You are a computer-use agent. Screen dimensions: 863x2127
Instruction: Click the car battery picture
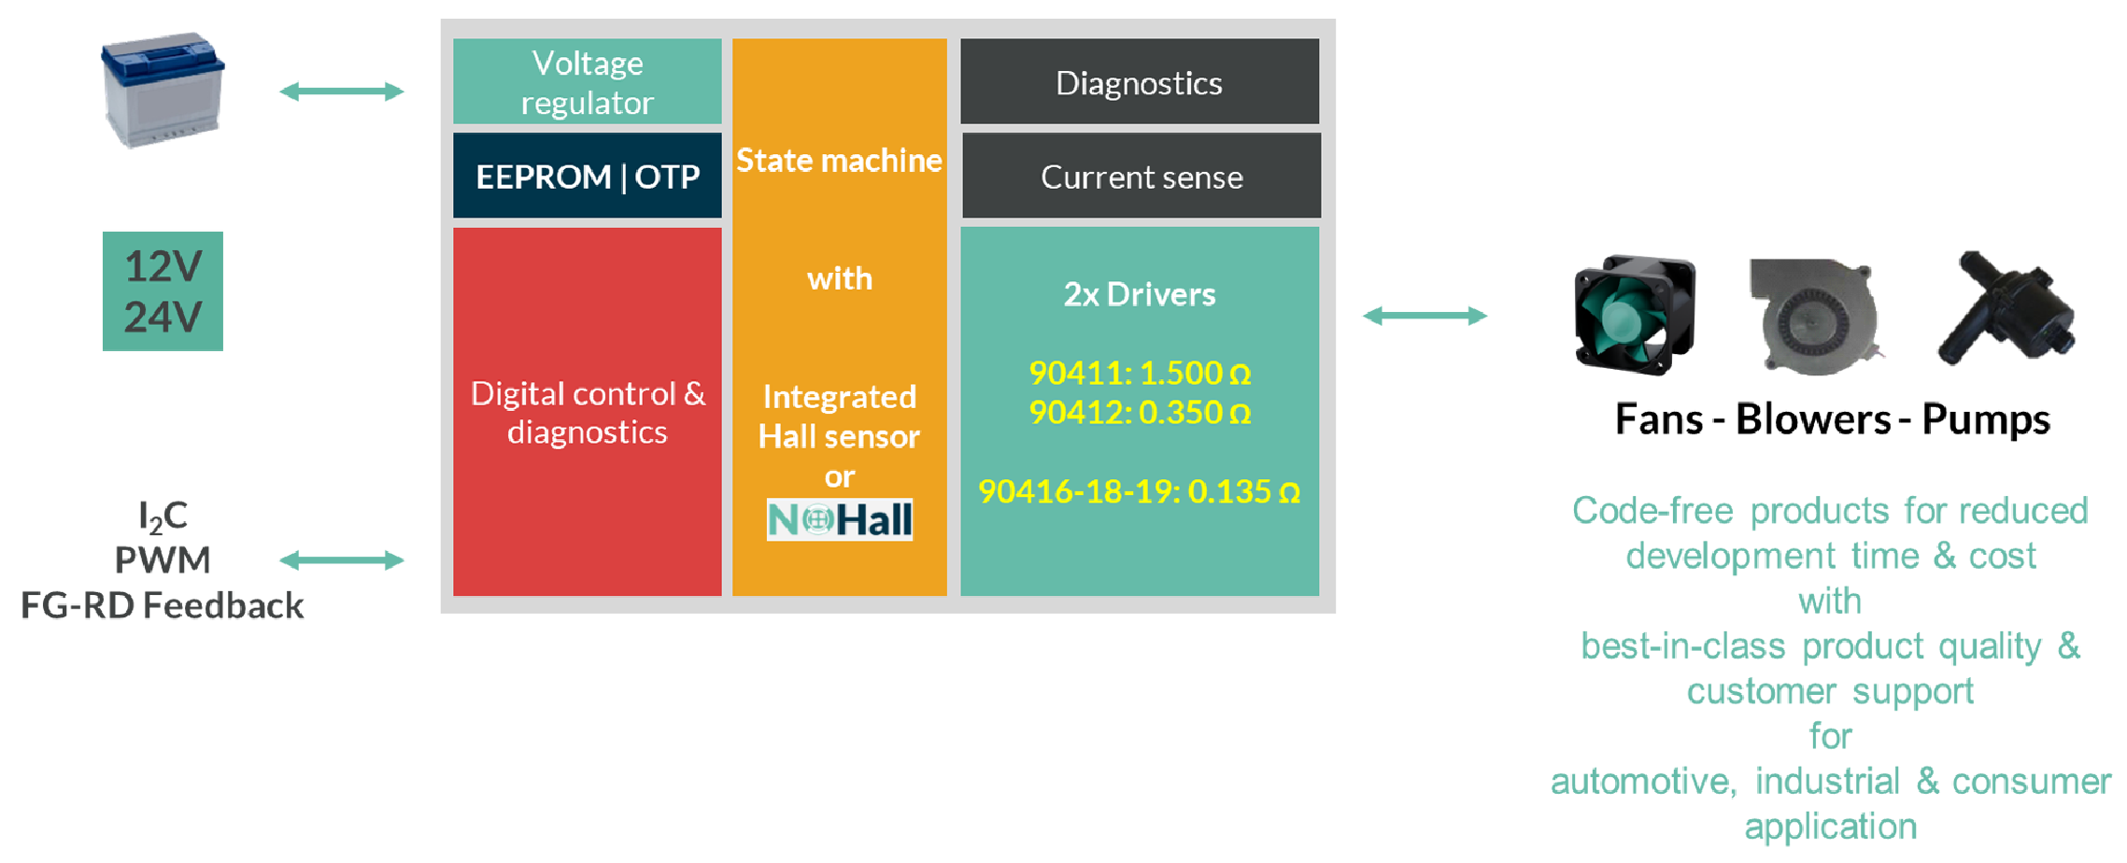pyautogui.click(x=163, y=90)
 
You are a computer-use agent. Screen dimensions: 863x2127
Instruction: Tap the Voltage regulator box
pyautogui.click(x=587, y=82)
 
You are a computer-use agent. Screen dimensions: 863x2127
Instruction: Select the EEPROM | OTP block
pyautogui.click(x=587, y=176)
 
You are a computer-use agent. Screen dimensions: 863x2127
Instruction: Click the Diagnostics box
pyautogui.click(x=1139, y=82)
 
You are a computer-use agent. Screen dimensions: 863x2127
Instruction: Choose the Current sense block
pyautogui.click(x=1141, y=177)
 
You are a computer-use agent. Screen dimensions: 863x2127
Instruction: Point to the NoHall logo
pyautogui.click(x=839, y=520)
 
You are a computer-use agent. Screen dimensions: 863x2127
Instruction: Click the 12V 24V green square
pyautogui.click(x=163, y=290)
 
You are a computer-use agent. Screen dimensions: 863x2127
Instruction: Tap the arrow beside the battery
pyautogui.click(x=342, y=91)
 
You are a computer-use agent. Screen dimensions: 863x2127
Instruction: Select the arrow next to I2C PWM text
pyautogui.click(x=342, y=560)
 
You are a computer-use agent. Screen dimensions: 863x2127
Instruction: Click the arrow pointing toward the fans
pyautogui.click(x=1425, y=316)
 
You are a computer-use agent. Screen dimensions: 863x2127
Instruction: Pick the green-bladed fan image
pyautogui.click(x=1634, y=315)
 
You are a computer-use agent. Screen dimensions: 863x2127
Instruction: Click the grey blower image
pyautogui.click(x=1812, y=317)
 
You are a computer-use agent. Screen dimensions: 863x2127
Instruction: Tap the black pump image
pyautogui.click(x=2004, y=307)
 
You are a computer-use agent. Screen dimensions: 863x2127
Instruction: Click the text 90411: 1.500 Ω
pyautogui.click(x=1139, y=373)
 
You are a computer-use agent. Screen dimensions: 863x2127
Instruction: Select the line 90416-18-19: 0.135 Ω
pyautogui.click(x=1139, y=491)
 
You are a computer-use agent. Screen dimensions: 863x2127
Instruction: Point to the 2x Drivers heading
pyautogui.click(x=1139, y=294)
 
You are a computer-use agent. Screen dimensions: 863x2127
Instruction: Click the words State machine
pyautogui.click(x=839, y=161)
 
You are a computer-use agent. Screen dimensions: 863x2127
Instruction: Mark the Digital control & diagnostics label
pyautogui.click(x=587, y=412)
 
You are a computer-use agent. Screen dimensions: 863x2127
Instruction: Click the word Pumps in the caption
pyautogui.click(x=1986, y=419)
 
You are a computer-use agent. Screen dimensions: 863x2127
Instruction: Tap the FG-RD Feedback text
pyautogui.click(x=163, y=606)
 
